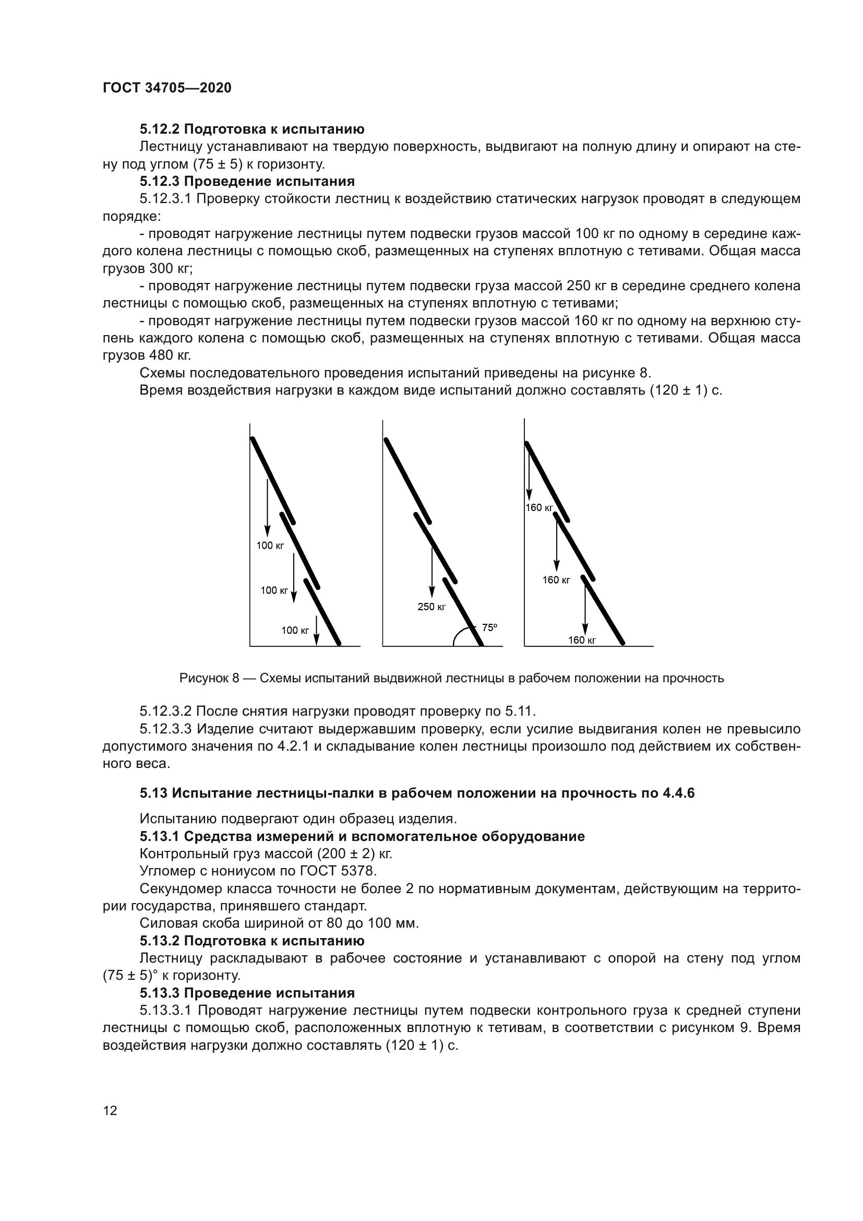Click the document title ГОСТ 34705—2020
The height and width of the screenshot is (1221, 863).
[x=167, y=88]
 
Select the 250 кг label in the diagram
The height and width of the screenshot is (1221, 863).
[x=431, y=607]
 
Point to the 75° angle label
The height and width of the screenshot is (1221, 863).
[x=489, y=627]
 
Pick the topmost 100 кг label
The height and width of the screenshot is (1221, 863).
[x=270, y=546]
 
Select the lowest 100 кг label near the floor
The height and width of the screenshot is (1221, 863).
[x=295, y=631]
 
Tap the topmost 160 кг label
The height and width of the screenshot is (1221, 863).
[x=539, y=508]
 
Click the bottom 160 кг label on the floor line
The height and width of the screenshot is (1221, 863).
[x=581, y=641]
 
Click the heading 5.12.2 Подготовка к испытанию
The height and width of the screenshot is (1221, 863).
[x=252, y=129]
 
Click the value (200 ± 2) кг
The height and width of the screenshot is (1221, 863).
[x=354, y=853]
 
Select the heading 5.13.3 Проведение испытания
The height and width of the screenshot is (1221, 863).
[x=247, y=993]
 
